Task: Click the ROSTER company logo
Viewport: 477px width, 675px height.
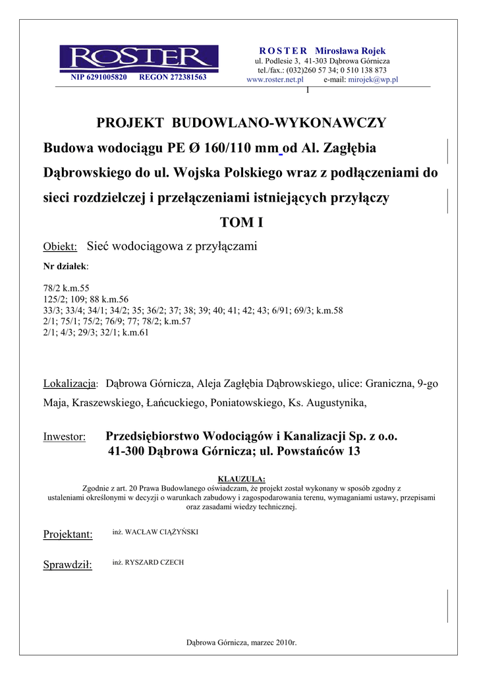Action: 138,58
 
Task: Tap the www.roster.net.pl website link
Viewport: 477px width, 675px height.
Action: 275,79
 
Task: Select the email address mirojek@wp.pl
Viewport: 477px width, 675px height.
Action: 373,79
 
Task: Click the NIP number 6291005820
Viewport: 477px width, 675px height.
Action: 98,77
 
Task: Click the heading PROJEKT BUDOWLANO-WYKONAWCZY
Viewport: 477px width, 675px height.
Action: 241,123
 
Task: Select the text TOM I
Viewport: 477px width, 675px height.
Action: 241,223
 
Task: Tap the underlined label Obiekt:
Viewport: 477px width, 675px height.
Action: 60,247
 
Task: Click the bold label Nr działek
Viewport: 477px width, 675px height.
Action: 65,266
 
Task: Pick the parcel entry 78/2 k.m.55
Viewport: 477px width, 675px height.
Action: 66,289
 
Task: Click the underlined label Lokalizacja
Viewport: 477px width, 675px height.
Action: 69,384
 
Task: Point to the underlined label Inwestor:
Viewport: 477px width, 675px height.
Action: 65,437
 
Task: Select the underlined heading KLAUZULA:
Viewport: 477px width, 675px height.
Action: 241,479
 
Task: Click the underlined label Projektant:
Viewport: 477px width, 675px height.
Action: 67,535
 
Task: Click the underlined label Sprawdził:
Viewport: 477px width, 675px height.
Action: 67,565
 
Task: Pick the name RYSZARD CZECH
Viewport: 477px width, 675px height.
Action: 148,562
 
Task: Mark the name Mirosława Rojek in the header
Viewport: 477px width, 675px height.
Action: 350,51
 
